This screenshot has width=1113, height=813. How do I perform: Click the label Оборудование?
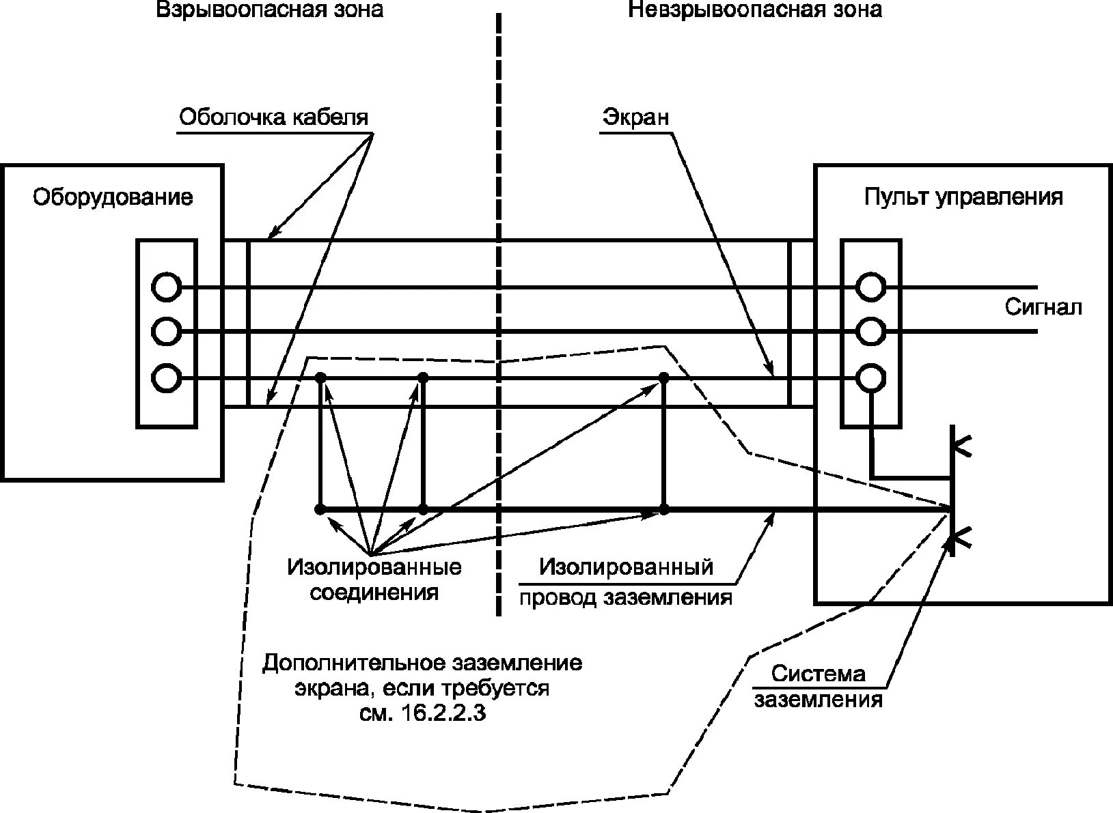point(113,197)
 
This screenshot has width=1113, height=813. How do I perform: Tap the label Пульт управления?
point(963,197)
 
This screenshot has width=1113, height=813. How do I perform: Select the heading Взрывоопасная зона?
point(270,10)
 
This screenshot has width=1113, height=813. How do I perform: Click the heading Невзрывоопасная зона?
point(755,10)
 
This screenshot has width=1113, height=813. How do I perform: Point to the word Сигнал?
point(1043,307)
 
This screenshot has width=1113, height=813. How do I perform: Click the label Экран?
point(635,117)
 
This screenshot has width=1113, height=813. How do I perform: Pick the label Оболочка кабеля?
point(273,117)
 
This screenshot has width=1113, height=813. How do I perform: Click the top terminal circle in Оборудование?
point(166,287)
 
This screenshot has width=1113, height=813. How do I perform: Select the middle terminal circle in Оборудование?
point(166,332)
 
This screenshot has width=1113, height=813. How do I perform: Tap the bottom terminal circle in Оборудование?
point(166,377)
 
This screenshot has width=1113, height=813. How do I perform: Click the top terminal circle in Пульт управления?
point(870,287)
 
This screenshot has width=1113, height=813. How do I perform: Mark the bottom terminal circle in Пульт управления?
point(870,377)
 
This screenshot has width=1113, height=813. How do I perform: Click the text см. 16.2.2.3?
point(422,714)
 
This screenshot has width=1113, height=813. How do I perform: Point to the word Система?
point(819,674)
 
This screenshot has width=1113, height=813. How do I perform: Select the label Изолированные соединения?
point(374,579)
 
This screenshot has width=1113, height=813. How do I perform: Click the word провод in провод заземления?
point(557,598)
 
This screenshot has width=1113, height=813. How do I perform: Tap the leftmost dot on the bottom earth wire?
point(319,509)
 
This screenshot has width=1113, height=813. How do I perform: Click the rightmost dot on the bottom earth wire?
point(663,509)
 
